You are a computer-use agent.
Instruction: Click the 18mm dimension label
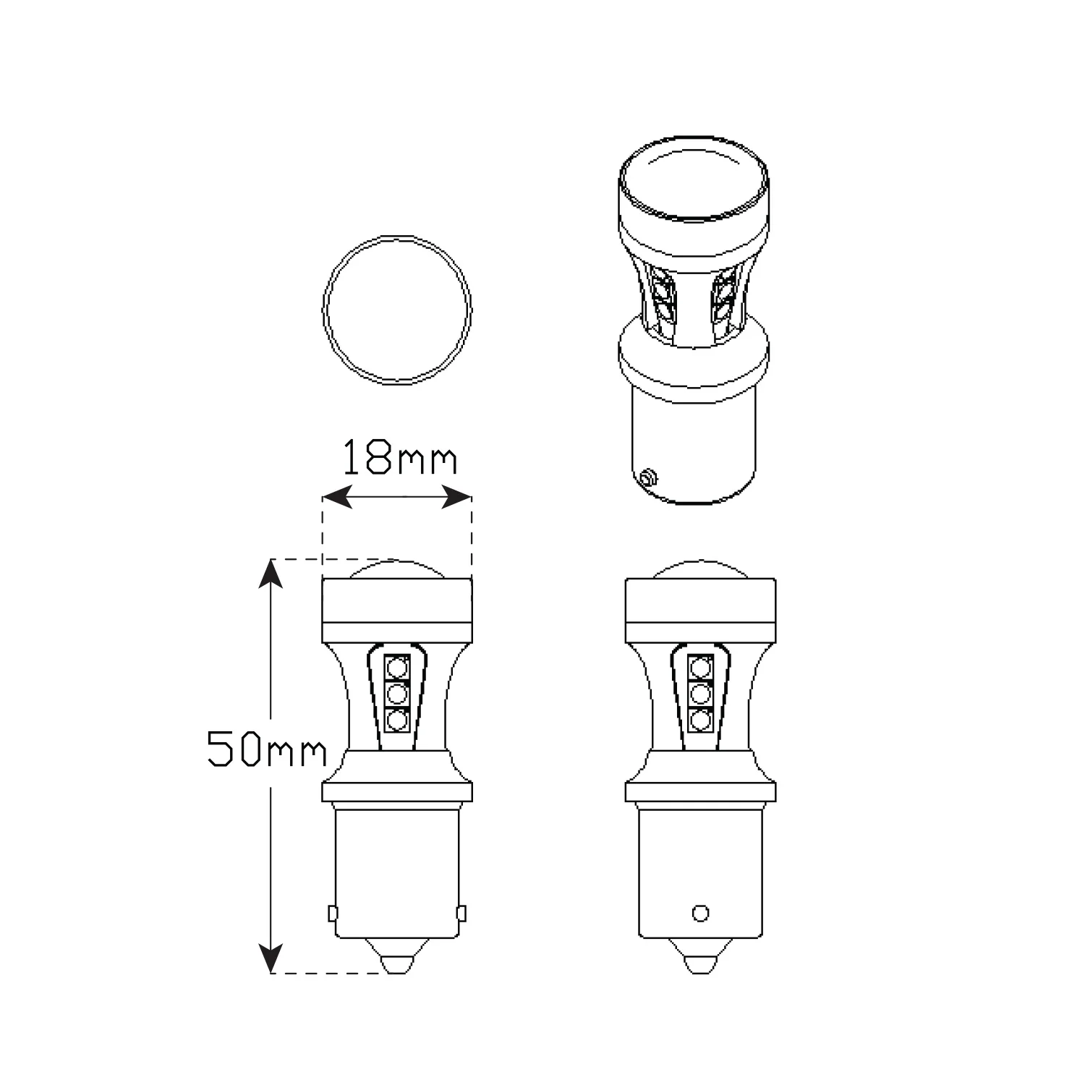(399, 457)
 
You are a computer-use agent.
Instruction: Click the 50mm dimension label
(267, 748)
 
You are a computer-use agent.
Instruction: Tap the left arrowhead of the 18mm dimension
(338, 497)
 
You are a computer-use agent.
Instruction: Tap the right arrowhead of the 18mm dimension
(456, 497)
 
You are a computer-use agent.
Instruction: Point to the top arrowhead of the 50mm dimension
(271, 574)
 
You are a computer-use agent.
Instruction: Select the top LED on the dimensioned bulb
(396, 667)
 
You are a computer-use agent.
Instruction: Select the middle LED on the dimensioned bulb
(396, 694)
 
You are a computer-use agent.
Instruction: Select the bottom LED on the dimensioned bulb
(396, 720)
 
